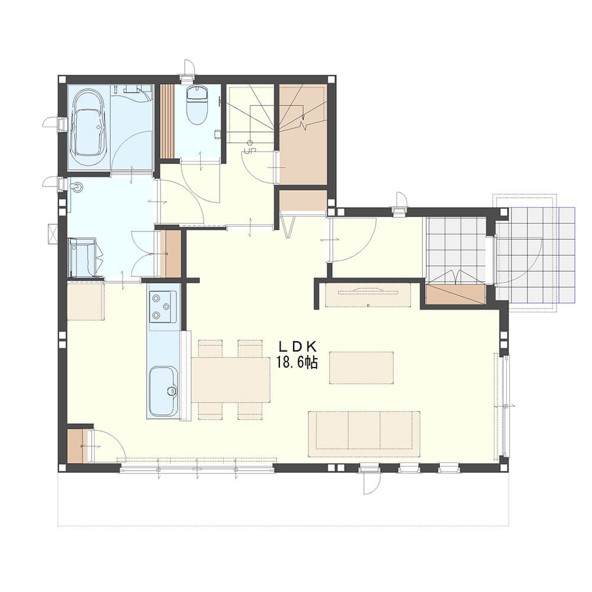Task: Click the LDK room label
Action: tap(297, 346)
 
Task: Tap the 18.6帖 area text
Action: tap(297, 362)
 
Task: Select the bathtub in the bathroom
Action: tap(89, 127)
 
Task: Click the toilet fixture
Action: tap(197, 105)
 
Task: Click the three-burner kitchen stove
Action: tap(163, 307)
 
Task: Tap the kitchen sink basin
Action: tap(163, 391)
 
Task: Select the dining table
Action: tap(231, 379)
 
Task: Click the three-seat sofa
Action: tap(364, 434)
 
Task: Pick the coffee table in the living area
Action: tap(361, 368)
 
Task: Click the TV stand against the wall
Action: tap(368, 295)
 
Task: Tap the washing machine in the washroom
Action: tap(83, 258)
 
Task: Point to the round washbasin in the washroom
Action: tap(78, 186)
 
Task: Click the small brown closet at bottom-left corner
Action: tap(78, 446)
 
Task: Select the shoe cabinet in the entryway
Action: tap(455, 294)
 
